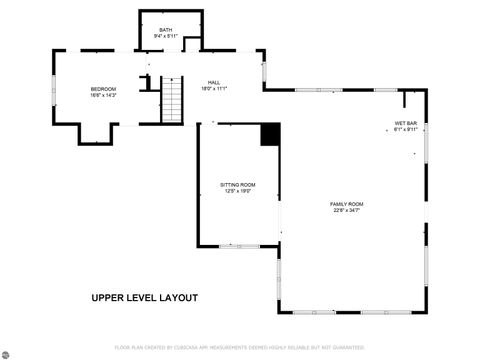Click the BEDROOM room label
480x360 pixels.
pos(103,89)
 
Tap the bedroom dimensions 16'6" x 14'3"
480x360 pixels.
pos(103,95)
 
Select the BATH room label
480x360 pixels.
pos(165,30)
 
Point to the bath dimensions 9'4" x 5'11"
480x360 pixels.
pos(165,36)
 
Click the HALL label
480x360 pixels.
pos(214,82)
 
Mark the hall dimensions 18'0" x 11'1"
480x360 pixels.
pos(214,88)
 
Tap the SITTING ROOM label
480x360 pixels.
pos(238,185)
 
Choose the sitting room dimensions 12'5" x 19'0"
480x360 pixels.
pos(238,191)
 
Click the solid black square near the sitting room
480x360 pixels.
pos(270,135)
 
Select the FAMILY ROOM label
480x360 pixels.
pos(347,204)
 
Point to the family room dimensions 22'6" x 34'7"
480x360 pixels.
pos(347,210)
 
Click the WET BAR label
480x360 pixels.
pos(405,123)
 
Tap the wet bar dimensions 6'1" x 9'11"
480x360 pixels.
pos(405,129)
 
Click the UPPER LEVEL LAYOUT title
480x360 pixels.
pos(145,298)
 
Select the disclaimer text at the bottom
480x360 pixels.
pos(240,347)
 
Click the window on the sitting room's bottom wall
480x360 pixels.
pos(238,246)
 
